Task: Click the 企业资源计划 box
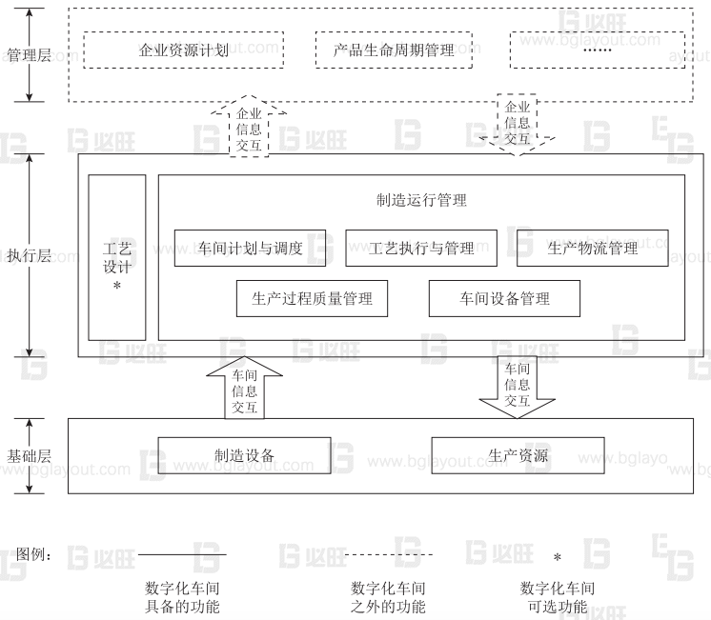[x=183, y=50]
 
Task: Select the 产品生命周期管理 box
[x=396, y=50]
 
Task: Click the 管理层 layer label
[x=29, y=54]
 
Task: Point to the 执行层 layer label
[x=29, y=256]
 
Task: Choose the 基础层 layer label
[x=29, y=455]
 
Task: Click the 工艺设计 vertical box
[x=117, y=257]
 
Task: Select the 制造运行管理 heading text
[x=421, y=201]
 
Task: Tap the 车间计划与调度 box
[x=251, y=249]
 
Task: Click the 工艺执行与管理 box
[x=422, y=249]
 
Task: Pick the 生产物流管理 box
[x=593, y=249]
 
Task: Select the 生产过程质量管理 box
[x=312, y=299]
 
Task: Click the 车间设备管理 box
[x=503, y=299]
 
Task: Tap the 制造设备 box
[x=244, y=455]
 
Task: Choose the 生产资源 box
[x=518, y=455]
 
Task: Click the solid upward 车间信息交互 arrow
[x=244, y=389]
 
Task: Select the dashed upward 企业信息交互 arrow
[x=249, y=127]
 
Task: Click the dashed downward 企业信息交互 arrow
[x=517, y=123]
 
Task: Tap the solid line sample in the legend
[x=182, y=554]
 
